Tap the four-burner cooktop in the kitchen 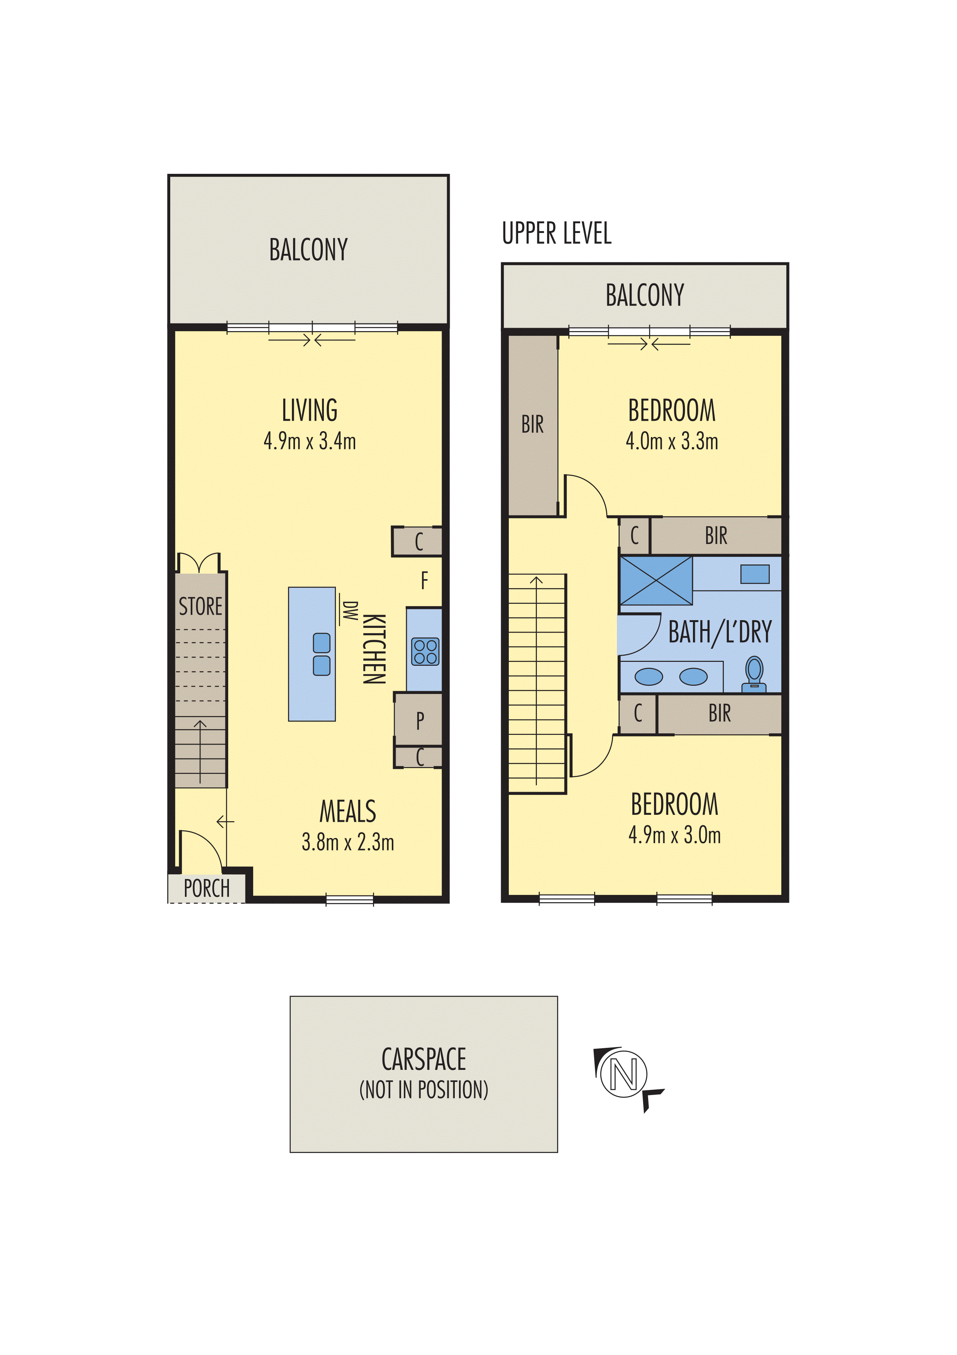pos(425,651)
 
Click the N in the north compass pos(624,1074)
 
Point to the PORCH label pos(207,888)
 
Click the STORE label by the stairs pos(200,606)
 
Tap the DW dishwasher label pos(350,611)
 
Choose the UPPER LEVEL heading pos(557,233)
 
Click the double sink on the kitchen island pos(321,654)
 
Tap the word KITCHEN pos(374,649)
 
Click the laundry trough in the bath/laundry pos(755,574)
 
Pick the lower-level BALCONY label pos(308,250)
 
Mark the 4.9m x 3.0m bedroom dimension pos(674,835)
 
